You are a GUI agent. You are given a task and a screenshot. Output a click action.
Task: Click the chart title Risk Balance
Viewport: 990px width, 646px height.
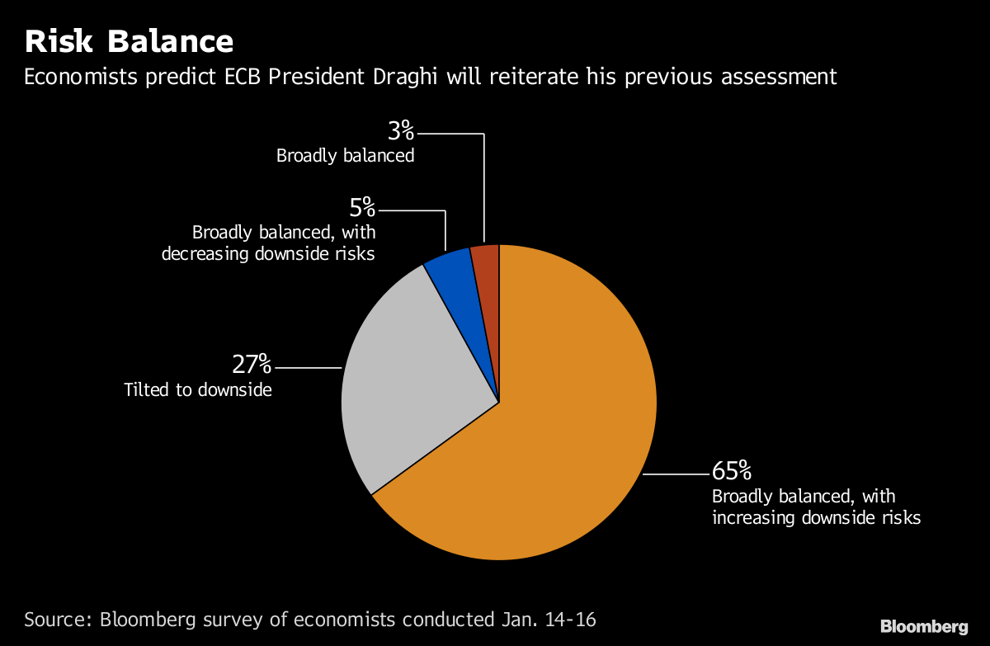(x=129, y=41)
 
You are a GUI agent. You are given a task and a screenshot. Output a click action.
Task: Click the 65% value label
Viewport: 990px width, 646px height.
(x=732, y=472)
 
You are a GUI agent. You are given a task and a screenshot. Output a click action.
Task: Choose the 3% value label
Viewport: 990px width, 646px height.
(x=400, y=130)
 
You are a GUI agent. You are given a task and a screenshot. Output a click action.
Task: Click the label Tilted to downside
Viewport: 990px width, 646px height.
(x=198, y=389)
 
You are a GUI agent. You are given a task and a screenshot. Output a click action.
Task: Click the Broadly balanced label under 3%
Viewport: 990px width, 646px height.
(x=345, y=155)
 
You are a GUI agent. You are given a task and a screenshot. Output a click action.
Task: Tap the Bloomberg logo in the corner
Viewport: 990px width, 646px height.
(x=923, y=626)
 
